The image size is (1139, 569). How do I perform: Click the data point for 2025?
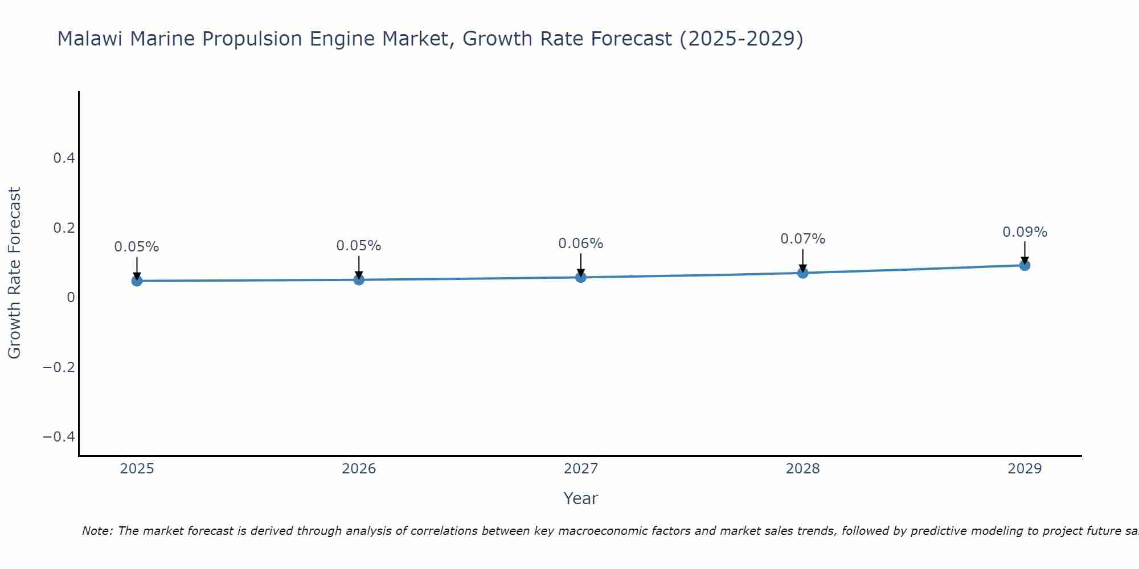click(x=137, y=281)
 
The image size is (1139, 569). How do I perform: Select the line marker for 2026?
click(x=359, y=279)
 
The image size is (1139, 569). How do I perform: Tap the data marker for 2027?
click(x=581, y=277)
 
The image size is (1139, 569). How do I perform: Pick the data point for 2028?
click(x=802, y=273)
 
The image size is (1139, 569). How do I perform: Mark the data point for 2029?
click(x=1025, y=265)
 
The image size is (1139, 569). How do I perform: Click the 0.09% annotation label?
click(x=1025, y=232)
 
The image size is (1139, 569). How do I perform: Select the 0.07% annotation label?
click(x=802, y=239)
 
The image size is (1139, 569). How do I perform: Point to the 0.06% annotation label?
click(x=580, y=244)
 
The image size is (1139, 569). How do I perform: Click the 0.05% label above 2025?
click(x=137, y=247)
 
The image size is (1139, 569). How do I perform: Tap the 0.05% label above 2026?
click(x=358, y=246)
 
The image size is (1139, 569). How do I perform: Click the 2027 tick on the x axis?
click(x=581, y=469)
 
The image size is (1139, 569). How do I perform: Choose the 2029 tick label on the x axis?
click(x=1025, y=469)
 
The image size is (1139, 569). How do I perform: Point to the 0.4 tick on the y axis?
click(x=64, y=158)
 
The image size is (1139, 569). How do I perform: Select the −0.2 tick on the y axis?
click(x=59, y=367)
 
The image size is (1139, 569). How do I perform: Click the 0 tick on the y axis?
click(x=71, y=298)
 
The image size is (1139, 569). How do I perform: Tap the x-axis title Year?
click(x=580, y=498)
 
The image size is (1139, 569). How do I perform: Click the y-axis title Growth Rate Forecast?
click(x=14, y=273)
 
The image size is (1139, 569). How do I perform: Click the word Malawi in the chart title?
click(x=91, y=39)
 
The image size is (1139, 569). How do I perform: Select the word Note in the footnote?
click(x=97, y=531)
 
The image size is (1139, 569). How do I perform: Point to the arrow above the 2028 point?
click(x=802, y=261)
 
